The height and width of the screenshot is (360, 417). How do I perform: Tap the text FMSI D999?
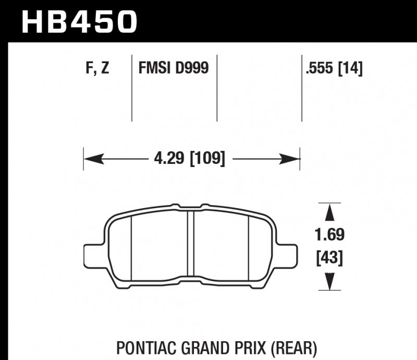pyautogui.click(x=173, y=68)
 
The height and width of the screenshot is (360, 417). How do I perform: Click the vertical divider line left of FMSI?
pyautogui.click(x=130, y=89)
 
